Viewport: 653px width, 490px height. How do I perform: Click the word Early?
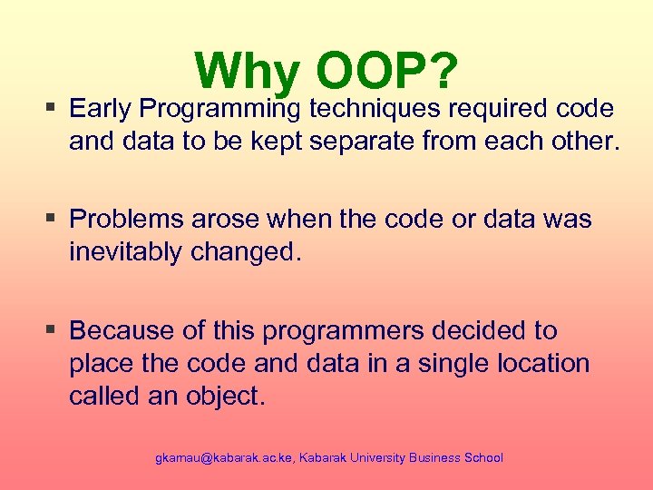[x=101, y=109]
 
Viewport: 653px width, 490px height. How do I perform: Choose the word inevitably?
[x=126, y=253]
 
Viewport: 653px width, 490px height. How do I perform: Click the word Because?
[x=120, y=330]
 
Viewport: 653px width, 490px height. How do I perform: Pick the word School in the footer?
[x=482, y=458]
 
